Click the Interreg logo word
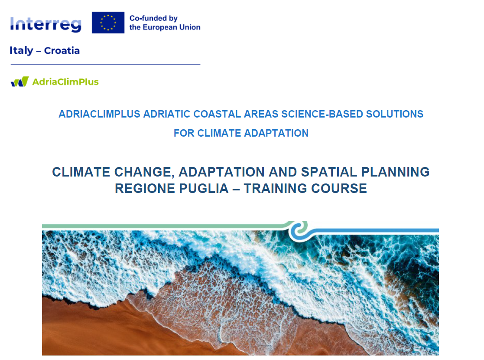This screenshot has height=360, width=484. click(45, 24)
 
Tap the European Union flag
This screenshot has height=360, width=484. click(108, 23)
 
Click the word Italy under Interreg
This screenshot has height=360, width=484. click(21, 50)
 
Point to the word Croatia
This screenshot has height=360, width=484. click(62, 50)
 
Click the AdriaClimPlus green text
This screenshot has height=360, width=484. click(65, 82)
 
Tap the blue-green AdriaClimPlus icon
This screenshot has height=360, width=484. click(20, 82)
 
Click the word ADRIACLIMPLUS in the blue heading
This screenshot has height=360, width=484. click(99, 114)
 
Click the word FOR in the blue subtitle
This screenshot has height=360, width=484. click(184, 133)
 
